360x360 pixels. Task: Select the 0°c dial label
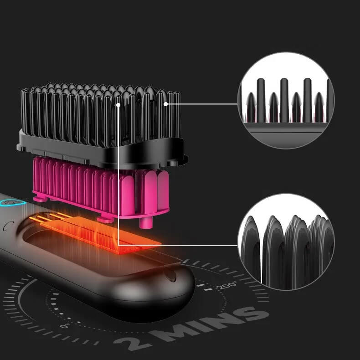[65, 326]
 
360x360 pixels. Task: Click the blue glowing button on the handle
[13, 202]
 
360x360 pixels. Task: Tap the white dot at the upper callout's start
[165, 104]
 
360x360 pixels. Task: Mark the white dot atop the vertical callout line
[118, 105]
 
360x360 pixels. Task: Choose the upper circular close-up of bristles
[286, 101]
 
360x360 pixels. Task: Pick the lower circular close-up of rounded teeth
[286, 242]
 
